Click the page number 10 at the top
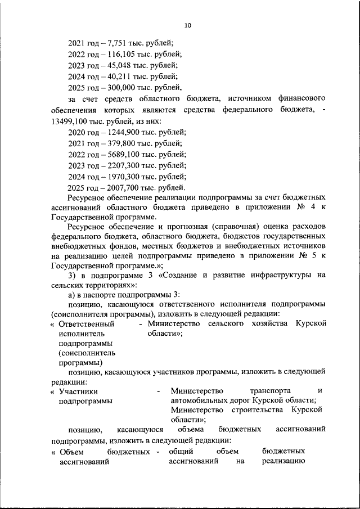pyautogui.click(x=188, y=25)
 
